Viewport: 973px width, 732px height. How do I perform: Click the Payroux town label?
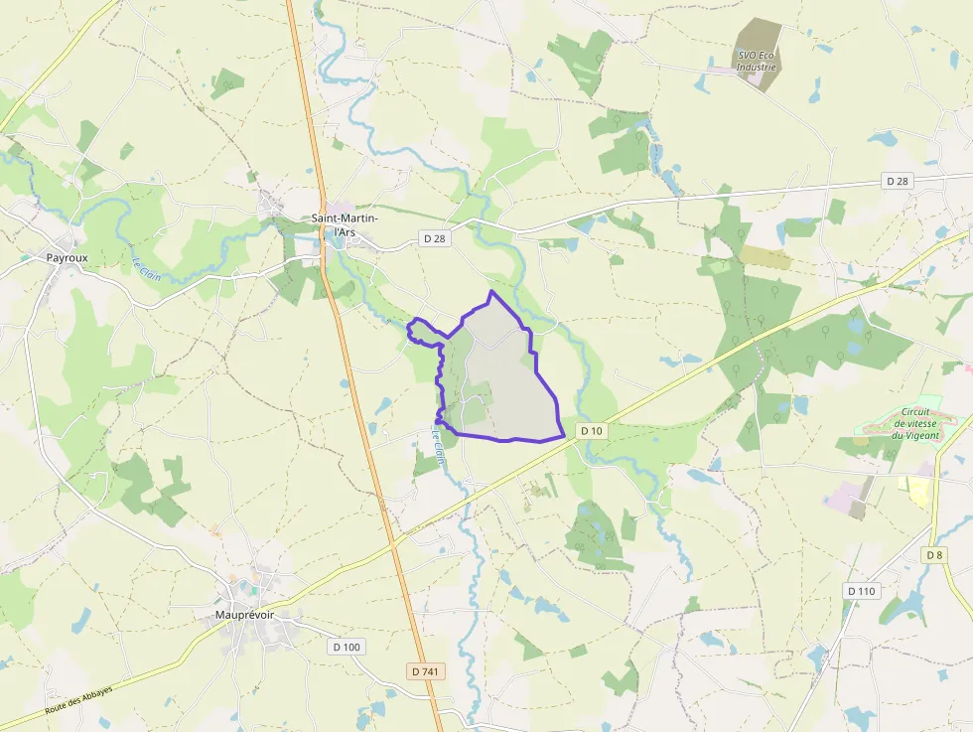point(67,257)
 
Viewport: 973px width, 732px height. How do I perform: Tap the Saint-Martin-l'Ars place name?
point(345,225)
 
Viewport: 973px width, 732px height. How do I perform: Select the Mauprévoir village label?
point(244,615)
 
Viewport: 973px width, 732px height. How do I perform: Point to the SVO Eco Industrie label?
point(756,61)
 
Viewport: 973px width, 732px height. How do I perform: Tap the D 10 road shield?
point(592,430)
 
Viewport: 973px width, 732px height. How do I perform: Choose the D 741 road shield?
point(425,671)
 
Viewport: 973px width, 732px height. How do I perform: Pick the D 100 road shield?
point(347,647)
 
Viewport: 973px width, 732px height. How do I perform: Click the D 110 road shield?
point(862,591)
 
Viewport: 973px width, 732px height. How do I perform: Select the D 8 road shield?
point(934,554)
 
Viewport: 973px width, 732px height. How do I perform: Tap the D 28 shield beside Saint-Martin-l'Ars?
point(433,238)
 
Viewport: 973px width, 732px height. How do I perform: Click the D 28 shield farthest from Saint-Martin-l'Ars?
point(898,181)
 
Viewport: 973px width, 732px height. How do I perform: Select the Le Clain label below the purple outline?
point(437,446)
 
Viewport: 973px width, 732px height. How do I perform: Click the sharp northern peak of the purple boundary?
point(490,292)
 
